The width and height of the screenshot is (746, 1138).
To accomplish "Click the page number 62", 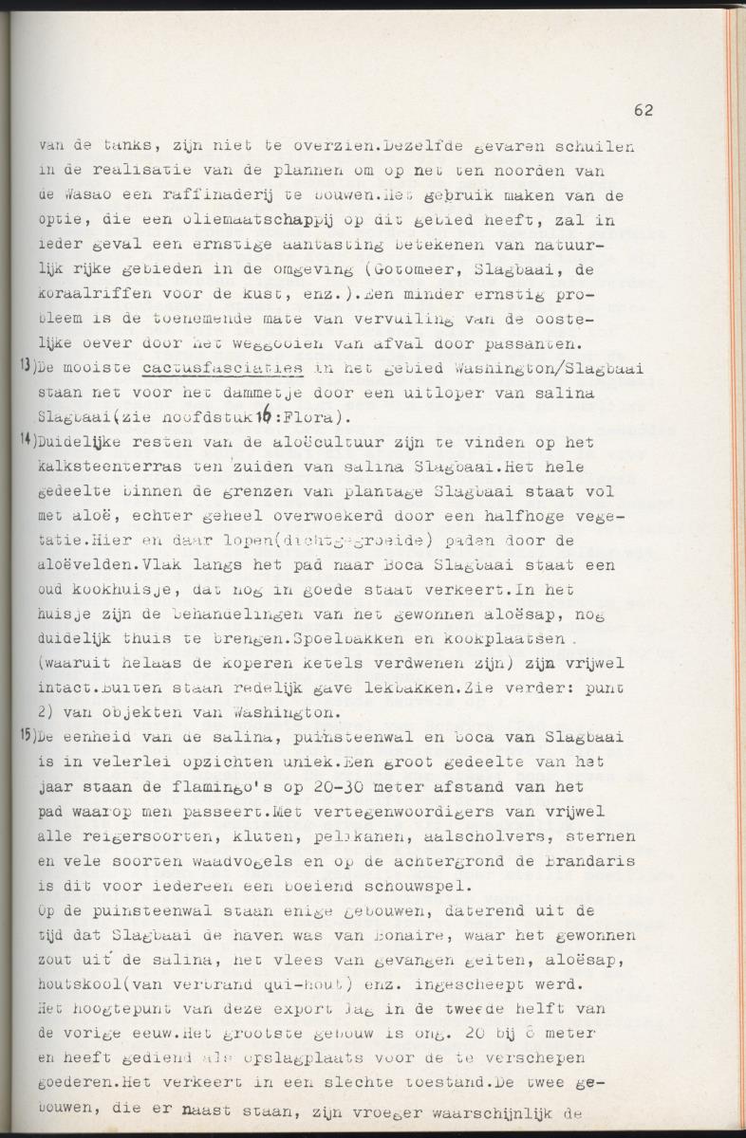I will coord(643,110).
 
